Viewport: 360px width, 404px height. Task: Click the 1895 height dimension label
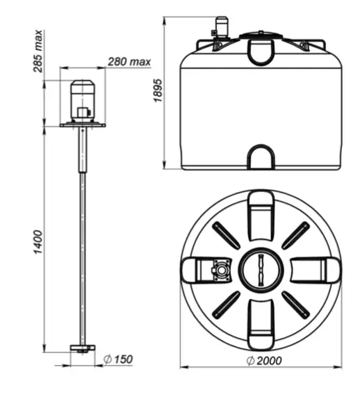[158, 90]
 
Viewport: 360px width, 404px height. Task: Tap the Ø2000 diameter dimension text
[264, 361]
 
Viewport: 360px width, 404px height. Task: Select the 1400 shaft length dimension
[38, 242]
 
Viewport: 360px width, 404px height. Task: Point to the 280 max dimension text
[129, 62]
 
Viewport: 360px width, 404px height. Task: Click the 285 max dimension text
[38, 51]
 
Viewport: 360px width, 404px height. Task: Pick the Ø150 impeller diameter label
[118, 359]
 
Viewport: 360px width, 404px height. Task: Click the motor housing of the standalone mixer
[83, 101]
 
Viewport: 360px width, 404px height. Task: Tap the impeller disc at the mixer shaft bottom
[83, 348]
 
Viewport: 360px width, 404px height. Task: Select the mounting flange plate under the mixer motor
[83, 125]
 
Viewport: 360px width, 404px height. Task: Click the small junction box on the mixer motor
[83, 113]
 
